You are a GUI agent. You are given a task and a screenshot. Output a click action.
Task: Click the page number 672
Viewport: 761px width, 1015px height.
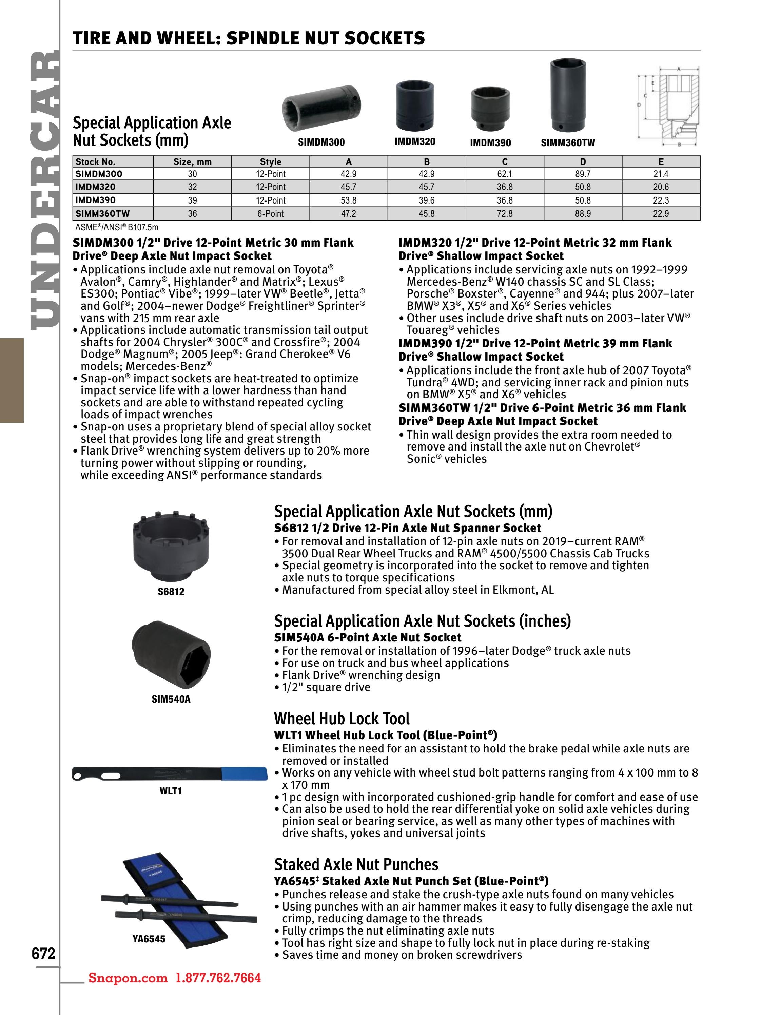43,953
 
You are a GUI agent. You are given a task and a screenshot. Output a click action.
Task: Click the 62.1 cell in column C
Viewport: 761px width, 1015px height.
505,174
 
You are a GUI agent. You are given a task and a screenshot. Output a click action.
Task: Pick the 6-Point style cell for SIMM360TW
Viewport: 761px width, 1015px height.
270,214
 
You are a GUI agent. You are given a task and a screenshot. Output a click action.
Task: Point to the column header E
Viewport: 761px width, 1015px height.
661,161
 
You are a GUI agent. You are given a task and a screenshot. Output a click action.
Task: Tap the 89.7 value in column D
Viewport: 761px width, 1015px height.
583,174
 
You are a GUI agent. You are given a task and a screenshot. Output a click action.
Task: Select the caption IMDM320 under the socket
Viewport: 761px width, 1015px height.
415,141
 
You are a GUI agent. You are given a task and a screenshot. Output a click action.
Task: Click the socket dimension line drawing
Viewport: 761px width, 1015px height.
668,106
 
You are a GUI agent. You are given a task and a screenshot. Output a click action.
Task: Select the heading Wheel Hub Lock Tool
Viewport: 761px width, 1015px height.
342,719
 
